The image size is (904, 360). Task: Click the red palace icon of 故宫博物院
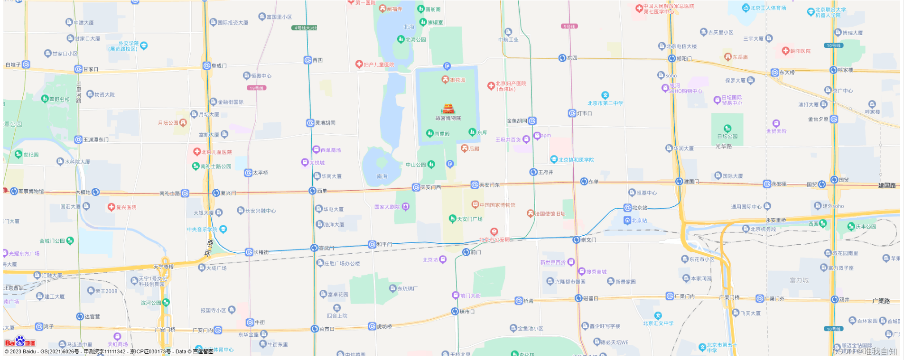[x=448, y=109]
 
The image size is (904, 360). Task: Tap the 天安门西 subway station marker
[x=416, y=187]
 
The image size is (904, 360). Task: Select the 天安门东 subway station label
[x=489, y=185]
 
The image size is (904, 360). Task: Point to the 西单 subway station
[x=312, y=191]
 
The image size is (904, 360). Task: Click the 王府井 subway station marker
[x=533, y=172]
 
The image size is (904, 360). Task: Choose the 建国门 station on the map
[x=679, y=182]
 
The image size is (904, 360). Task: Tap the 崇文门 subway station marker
[x=576, y=240]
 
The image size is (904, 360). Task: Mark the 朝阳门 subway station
[x=672, y=58]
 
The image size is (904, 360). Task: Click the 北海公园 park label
[x=415, y=40]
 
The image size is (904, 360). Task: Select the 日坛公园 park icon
[x=727, y=128]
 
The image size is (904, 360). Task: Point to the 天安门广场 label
[x=469, y=219]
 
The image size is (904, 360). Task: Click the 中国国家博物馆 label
[x=497, y=205]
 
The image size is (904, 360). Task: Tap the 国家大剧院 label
[x=387, y=207]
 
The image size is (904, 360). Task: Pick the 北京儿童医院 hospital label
[x=216, y=152]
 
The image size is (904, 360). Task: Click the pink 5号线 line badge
[x=569, y=27]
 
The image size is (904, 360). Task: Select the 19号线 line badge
[x=257, y=88]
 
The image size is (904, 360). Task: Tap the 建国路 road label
[x=887, y=185]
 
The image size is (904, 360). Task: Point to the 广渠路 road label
[x=881, y=301]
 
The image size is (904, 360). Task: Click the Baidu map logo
[x=20, y=342]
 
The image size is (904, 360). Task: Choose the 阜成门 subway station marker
[x=206, y=65]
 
